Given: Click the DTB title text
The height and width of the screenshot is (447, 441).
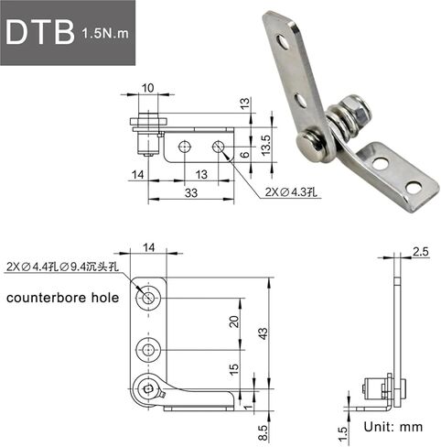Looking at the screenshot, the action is point(40,33).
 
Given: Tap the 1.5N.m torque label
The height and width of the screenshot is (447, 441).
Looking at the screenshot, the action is point(105,33).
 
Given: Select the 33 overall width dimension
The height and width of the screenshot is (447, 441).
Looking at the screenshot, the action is point(191,193).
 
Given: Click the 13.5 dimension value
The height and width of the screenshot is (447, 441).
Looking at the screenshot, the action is point(266,145).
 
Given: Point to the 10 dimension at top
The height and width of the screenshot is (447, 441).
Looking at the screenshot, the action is point(148,88).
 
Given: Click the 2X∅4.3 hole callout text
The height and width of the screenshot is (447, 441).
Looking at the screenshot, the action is point(291,192).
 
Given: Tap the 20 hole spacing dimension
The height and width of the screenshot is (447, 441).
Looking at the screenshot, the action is point(234,322).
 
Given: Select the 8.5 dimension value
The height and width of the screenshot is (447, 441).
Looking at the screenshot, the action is point(263,432).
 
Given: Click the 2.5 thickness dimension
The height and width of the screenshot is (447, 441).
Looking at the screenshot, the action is point(421,252).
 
